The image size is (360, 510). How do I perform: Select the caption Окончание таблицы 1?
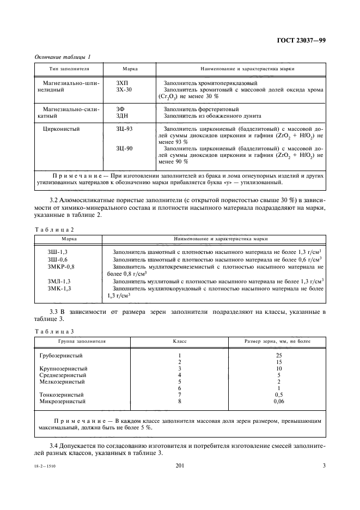point(62,57)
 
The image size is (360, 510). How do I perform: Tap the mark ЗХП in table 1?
point(123,83)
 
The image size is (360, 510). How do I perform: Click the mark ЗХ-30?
point(124,89)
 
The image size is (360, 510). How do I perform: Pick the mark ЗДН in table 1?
point(123,116)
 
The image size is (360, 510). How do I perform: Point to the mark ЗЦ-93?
point(125,129)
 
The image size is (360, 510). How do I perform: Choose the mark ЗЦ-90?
point(125,148)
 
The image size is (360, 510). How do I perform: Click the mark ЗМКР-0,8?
point(62,266)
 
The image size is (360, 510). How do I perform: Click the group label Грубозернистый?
point(61,356)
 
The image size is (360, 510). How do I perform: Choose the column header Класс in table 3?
point(180,341)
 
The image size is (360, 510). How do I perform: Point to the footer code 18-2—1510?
point(45,467)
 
